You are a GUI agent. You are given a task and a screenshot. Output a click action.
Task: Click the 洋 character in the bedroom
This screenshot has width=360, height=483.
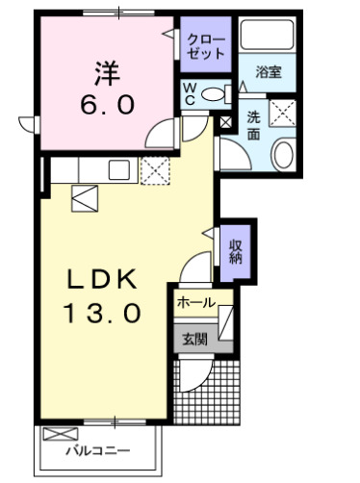(107, 73)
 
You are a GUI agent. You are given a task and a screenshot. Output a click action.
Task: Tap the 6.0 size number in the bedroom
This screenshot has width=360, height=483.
(107, 105)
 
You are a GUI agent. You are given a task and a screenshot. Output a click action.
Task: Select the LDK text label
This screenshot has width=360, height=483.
(101, 279)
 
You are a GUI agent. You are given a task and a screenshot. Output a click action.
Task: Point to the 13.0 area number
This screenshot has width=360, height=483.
(102, 313)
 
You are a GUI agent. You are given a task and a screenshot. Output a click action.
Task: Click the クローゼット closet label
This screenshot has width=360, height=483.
(206, 47)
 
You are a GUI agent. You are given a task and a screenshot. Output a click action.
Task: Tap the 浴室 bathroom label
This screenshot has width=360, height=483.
(269, 72)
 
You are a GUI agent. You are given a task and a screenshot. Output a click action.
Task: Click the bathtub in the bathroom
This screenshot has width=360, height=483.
(268, 35)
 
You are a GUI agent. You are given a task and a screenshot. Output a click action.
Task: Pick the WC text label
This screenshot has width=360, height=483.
(190, 93)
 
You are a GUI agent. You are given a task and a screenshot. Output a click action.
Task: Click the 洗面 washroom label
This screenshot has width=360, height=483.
(253, 126)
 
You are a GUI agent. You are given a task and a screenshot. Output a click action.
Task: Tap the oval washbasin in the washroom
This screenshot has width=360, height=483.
(283, 155)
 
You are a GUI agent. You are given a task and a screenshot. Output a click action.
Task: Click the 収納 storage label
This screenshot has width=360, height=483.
(235, 252)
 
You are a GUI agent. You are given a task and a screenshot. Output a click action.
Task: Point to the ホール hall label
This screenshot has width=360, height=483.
(195, 302)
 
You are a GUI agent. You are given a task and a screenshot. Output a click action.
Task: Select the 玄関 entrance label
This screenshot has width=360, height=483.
(194, 339)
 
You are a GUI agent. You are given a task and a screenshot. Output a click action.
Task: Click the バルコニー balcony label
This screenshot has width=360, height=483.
(98, 451)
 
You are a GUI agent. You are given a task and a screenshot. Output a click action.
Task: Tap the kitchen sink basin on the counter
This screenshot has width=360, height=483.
(119, 170)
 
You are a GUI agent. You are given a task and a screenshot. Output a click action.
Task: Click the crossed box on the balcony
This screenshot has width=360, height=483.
(61, 434)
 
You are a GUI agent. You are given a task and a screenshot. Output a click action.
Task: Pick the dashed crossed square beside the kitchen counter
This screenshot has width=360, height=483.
(155, 170)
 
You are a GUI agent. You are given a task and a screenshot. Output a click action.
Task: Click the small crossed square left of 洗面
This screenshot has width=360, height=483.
(225, 122)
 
